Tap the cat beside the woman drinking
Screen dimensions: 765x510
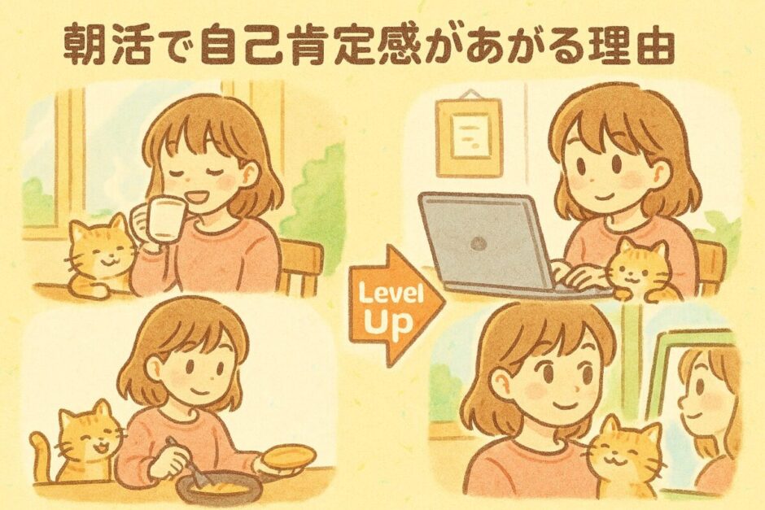coord(100,256)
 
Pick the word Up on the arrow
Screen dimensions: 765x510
coord(389,323)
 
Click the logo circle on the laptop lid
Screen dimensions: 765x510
coord(479,242)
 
